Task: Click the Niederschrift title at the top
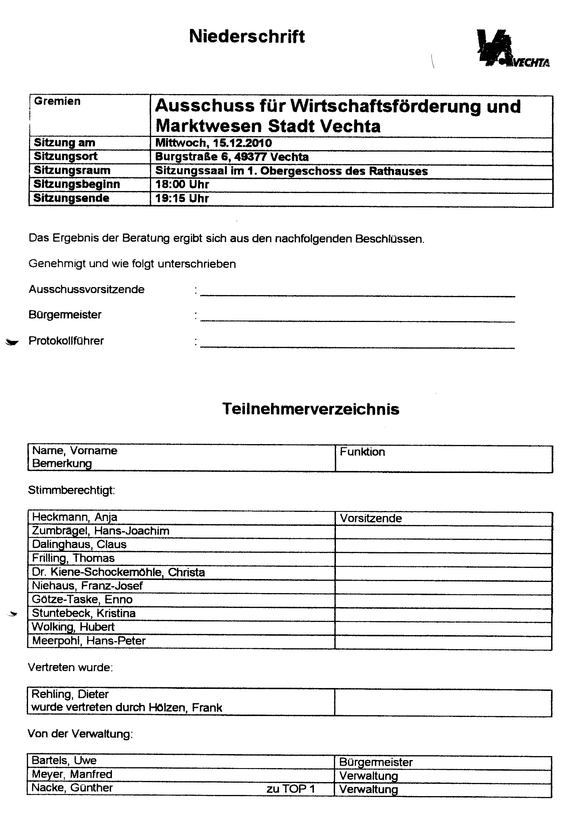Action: (x=247, y=37)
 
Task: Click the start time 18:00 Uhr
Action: (x=182, y=184)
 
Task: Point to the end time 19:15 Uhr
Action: (x=182, y=198)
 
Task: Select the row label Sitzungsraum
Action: (x=72, y=170)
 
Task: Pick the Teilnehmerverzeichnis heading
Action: (x=311, y=409)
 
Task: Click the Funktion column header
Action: (x=362, y=452)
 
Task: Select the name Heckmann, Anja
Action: (x=75, y=517)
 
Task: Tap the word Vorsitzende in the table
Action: (x=371, y=518)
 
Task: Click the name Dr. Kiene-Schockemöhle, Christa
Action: (x=118, y=572)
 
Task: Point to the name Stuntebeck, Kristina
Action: (x=84, y=613)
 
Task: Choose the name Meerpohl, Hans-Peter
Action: (x=89, y=641)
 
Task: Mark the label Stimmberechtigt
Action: (x=71, y=490)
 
